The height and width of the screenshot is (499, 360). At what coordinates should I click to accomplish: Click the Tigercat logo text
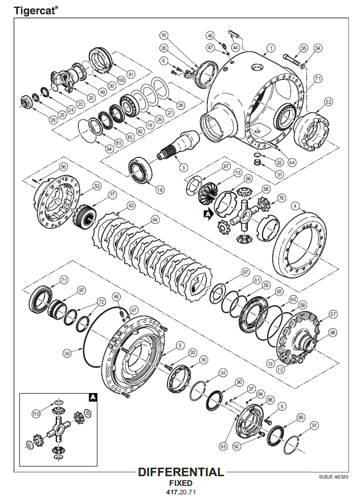[x=34, y=9]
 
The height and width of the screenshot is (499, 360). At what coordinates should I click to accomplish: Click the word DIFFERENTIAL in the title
[x=181, y=472]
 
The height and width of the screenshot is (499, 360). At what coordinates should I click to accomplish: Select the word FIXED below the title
[x=181, y=482]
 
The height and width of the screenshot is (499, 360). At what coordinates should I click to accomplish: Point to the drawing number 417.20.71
[x=181, y=491]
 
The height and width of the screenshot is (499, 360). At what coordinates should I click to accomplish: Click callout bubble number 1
[x=271, y=48]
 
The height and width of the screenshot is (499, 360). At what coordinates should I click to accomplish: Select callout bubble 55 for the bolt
[x=304, y=48]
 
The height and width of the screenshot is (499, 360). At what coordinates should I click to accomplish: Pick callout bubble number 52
[x=328, y=101]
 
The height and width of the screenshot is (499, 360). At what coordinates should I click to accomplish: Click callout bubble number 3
[x=182, y=167]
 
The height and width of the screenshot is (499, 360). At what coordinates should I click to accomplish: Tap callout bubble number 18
[x=160, y=190]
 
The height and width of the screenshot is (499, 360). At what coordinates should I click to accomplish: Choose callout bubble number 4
[x=295, y=205]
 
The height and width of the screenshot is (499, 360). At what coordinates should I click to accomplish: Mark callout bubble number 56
[x=63, y=166]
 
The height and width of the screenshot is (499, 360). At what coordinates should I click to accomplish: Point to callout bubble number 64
[x=155, y=218]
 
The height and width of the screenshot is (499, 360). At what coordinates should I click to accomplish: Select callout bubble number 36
[x=67, y=353]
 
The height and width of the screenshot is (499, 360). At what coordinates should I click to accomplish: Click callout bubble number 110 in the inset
[x=36, y=414]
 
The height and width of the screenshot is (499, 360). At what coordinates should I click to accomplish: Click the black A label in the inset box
[x=92, y=398]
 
